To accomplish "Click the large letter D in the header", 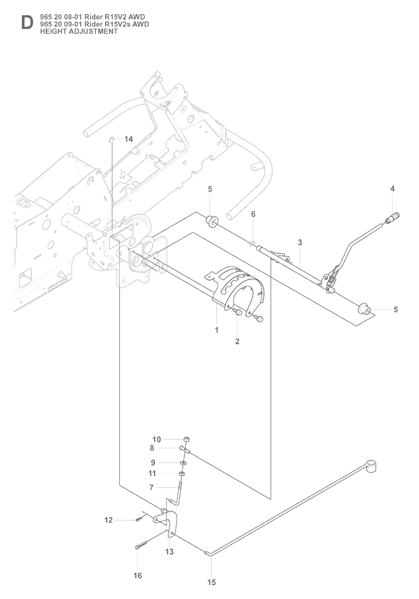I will [x=27, y=23].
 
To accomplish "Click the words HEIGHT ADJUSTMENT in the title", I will [x=79, y=32].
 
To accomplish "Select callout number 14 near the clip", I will [x=128, y=139].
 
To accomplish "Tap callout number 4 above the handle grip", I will [x=392, y=189].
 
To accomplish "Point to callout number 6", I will [x=253, y=214].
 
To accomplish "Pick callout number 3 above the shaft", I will [x=300, y=243].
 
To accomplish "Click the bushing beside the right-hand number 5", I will [x=364, y=309].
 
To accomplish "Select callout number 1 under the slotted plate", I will [x=217, y=330].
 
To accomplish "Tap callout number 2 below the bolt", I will [x=237, y=341].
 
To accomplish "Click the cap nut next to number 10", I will [x=186, y=439].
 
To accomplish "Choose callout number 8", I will [x=152, y=448].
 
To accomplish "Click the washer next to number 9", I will [x=183, y=463].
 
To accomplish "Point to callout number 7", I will [x=151, y=487].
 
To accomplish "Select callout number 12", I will [x=108, y=520].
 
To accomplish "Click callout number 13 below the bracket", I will [x=169, y=552].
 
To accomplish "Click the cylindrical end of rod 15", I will [x=370, y=466].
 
